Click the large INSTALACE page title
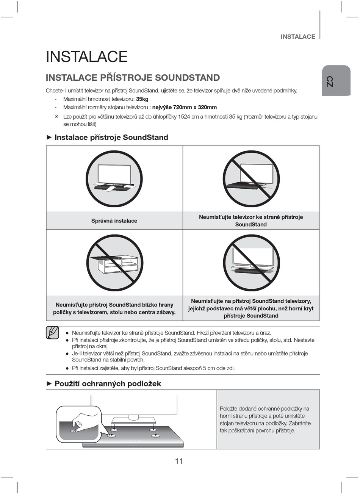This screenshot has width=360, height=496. [x=86, y=57]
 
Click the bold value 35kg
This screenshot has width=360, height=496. [x=142, y=99]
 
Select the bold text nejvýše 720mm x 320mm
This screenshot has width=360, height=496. [x=185, y=107]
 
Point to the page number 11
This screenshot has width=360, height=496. [x=179, y=461]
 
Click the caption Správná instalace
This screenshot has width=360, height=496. [x=114, y=221]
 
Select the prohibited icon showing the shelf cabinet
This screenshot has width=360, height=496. [x=114, y=263]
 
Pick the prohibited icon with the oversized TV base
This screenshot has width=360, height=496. [x=251, y=263]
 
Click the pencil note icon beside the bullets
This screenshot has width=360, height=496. [x=53, y=332]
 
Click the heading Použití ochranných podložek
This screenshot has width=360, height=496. [x=108, y=383]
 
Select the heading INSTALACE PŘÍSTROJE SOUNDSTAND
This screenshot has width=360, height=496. [x=133, y=78]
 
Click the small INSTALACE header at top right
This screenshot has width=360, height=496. [x=298, y=37]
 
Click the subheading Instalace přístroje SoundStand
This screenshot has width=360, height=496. [x=111, y=137]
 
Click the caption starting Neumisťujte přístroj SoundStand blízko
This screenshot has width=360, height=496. [x=114, y=308]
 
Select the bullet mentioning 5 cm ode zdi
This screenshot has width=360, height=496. [x=153, y=368]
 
